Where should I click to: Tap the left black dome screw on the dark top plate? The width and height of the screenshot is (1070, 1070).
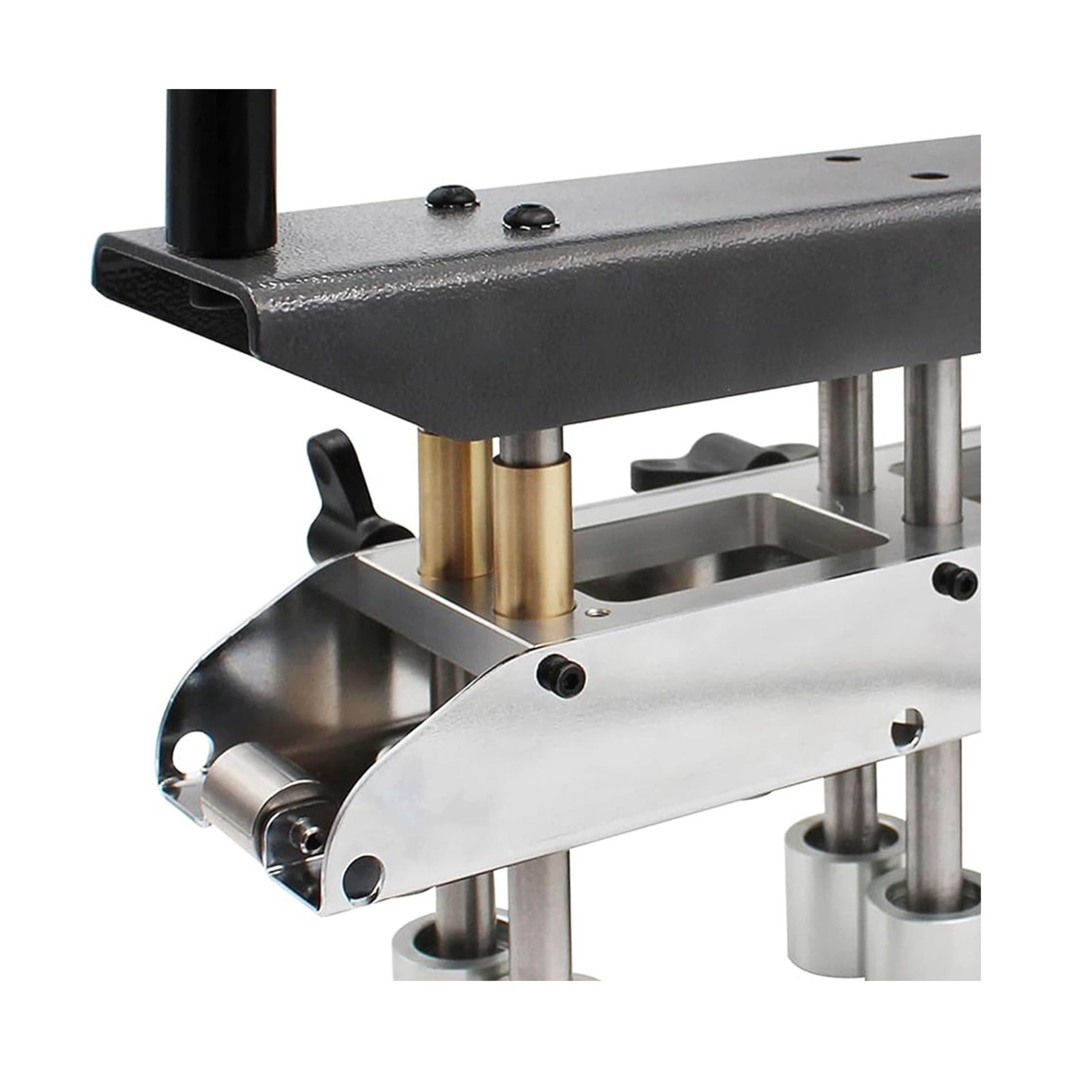(x=452, y=197)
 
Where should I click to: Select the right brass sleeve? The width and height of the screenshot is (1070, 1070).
(x=533, y=535)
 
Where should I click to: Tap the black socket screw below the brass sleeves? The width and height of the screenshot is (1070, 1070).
(x=561, y=677)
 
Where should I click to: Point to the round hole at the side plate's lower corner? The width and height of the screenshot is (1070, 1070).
(x=362, y=877)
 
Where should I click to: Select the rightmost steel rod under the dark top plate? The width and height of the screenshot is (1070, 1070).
(x=934, y=441)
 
